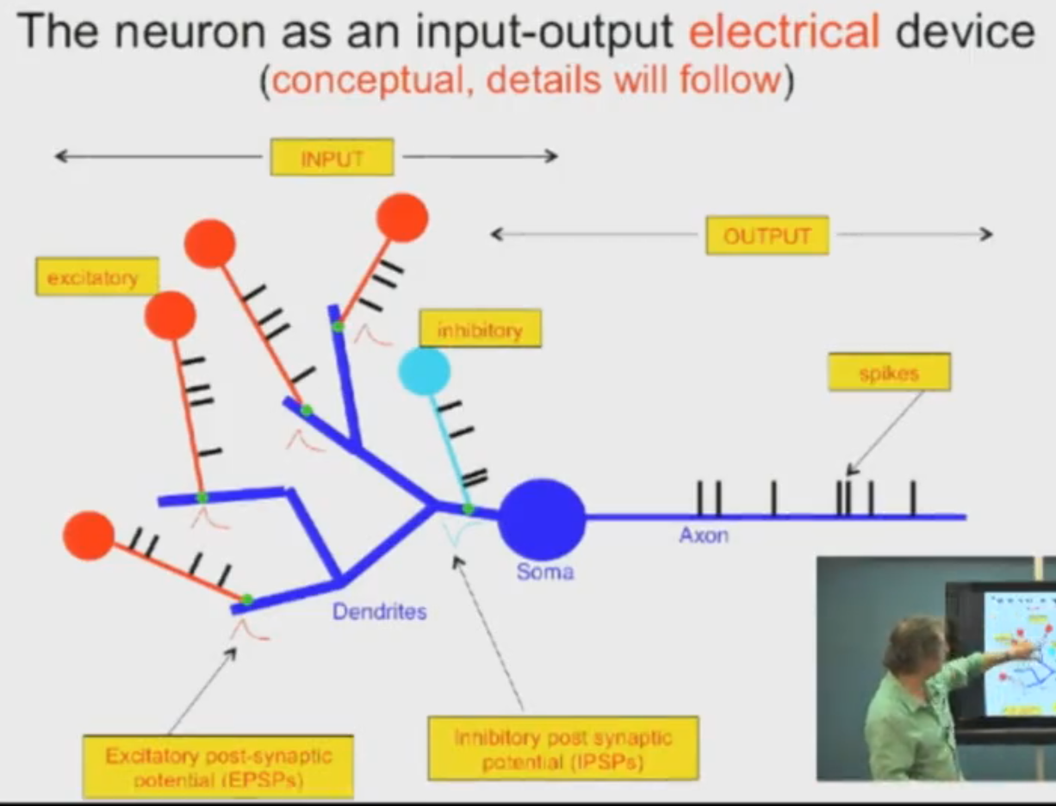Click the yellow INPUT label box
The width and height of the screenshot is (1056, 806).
(x=332, y=158)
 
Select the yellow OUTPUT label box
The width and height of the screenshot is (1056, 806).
(x=767, y=235)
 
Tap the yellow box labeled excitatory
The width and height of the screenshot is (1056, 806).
(x=96, y=277)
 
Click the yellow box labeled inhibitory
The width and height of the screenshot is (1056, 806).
(x=480, y=329)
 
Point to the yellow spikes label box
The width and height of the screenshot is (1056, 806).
(x=889, y=372)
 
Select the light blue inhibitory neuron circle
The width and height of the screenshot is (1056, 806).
(x=424, y=371)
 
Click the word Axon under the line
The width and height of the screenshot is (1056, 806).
(x=704, y=535)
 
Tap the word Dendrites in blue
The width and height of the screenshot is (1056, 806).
(x=380, y=612)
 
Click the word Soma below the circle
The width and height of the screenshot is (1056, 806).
(x=545, y=570)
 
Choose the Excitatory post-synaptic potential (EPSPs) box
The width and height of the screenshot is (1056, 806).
(x=218, y=766)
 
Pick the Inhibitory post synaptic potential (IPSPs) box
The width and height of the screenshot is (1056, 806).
(x=563, y=749)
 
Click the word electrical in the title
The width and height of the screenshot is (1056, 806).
(x=785, y=33)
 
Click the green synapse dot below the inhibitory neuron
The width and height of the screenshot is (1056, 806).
(x=469, y=509)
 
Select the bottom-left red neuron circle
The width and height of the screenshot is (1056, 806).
(x=89, y=536)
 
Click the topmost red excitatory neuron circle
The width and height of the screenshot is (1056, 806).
(x=402, y=218)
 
